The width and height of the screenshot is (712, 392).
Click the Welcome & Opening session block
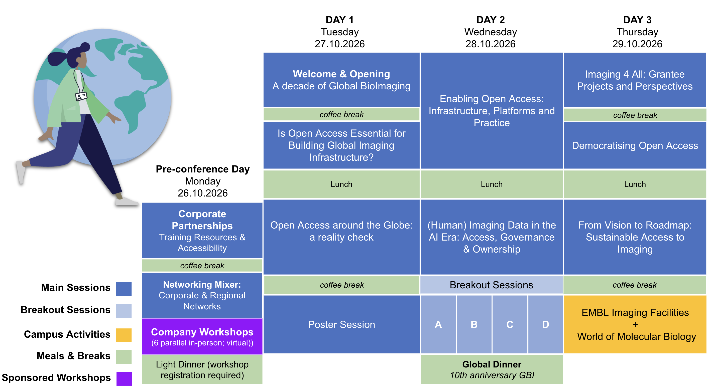tap(341, 80)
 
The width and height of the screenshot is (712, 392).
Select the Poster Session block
tap(341, 324)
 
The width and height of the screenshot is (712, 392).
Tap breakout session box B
tap(474, 324)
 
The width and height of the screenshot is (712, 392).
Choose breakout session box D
tap(546, 324)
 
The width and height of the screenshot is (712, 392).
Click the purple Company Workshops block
tap(202, 336)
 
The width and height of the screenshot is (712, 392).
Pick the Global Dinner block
tap(492, 370)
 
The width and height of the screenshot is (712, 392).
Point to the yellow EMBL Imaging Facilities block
tap(635, 324)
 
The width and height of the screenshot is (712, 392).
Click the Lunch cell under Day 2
tap(492, 184)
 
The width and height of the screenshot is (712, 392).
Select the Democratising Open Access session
tap(635, 145)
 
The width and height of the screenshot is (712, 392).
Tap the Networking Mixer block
tap(202, 295)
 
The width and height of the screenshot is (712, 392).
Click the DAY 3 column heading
tap(637, 20)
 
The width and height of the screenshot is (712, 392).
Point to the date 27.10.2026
tap(340, 44)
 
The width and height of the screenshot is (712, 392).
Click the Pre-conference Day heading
tap(203, 169)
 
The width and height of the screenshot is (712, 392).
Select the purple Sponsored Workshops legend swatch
tap(124, 378)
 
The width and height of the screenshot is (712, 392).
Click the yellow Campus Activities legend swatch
tap(124, 335)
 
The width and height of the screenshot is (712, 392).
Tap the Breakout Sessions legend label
tap(65, 310)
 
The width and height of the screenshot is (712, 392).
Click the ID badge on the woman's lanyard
tap(81, 96)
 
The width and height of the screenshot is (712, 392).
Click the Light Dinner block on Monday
tap(202, 370)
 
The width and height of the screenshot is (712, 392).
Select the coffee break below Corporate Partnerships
tap(202, 266)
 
